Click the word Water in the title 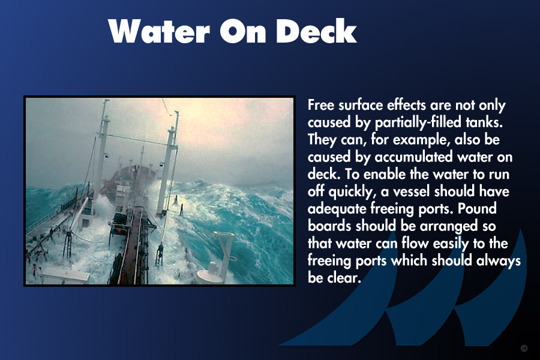coord(159,31)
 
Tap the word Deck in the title coord(316,31)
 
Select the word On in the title coord(243,31)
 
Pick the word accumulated coord(413,157)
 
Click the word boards coord(329,226)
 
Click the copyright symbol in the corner coord(524,348)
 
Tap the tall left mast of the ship coord(101,148)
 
